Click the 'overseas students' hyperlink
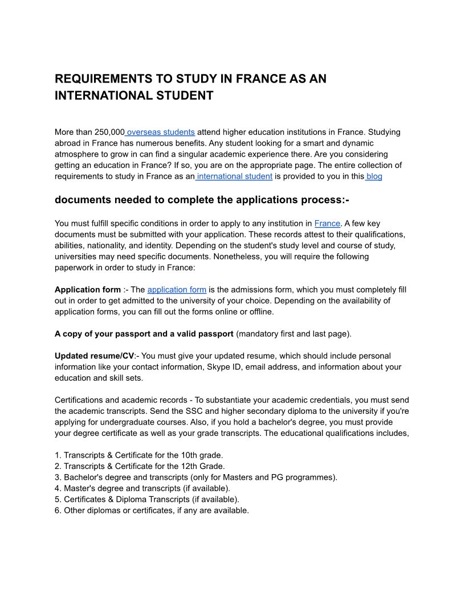pos(161,132)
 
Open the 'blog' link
pos(374,176)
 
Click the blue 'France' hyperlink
pos(327,224)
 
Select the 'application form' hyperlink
pos(177,290)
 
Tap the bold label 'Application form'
pos(88,290)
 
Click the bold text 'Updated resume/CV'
pos(94,356)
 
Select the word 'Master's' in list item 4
pos(80,488)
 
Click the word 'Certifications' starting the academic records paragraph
pos(81,400)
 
